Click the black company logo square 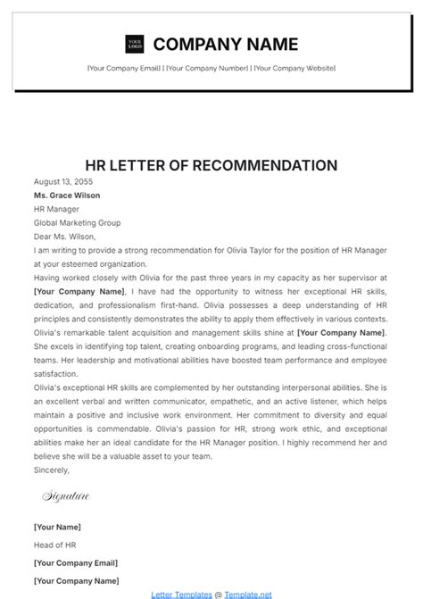click(x=134, y=43)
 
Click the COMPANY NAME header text click(x=226, y=44)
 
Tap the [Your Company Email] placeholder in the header click(x=124, y=69)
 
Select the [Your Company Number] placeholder click(x=207, y=69)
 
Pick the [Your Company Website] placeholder click(x=295, y=69)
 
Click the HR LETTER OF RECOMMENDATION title click(x=211, y=165)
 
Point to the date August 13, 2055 click(x=64, y=181)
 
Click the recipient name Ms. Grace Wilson click(x=67, y=195)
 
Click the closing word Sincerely click(x=51, y=469)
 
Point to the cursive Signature click(x=65, y=495)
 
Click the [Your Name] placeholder click(x=57, y=527)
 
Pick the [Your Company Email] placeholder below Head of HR click(x=78, y=562)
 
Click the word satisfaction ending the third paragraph click(x=56, y=373)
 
